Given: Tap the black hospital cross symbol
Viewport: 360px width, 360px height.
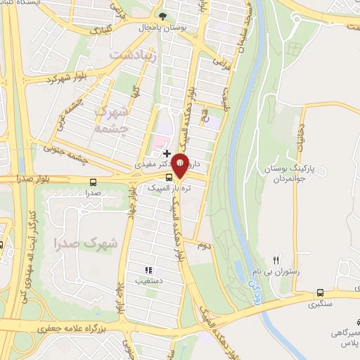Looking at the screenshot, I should pos(167,153).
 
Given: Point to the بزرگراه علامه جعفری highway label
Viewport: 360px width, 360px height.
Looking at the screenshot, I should pos(67,328).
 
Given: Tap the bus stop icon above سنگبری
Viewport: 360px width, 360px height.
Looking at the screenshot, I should pos(321,293).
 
